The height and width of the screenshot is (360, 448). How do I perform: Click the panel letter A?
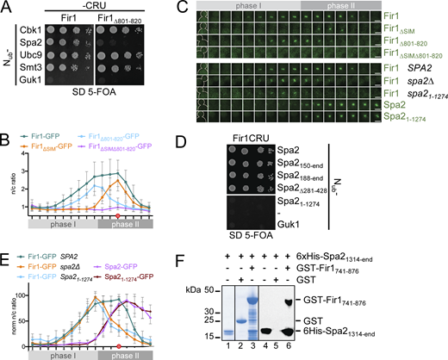[x=6, y=7]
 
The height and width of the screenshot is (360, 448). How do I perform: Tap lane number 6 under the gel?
[x=376, y=353]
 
